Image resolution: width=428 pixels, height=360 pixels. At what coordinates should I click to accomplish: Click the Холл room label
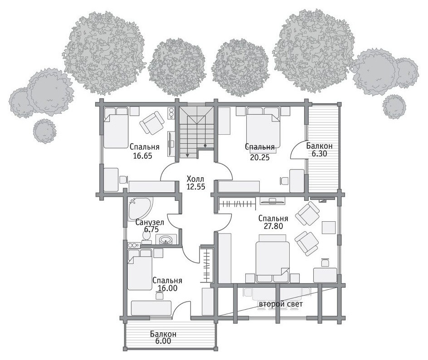tap(195, 179)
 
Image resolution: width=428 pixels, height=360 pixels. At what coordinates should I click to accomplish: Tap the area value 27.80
tap(273, 226)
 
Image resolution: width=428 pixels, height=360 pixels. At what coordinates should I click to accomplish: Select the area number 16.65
tap(142, 156)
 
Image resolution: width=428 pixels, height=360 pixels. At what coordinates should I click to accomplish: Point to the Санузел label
tap(150, 223)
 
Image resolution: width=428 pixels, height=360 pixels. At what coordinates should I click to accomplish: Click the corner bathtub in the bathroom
tap(139, 209)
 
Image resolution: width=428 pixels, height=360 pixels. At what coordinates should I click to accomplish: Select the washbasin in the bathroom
tap(166, 240)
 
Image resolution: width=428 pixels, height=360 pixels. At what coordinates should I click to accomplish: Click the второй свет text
tap(281, 304)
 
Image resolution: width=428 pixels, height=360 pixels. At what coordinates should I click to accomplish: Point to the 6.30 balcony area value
tap(319, 153)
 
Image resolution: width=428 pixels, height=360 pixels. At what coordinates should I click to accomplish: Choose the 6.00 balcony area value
tap(163, 341)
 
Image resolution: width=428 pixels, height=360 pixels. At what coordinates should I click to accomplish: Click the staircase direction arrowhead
tap(188, 156)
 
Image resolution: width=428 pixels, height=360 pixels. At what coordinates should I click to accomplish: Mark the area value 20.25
tap(260, 157)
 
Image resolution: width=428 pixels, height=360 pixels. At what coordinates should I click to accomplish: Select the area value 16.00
tap(168, 288)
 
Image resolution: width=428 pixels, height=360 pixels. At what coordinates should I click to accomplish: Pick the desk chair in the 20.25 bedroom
tap(284, 181)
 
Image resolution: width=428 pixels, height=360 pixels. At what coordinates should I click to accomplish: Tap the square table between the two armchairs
tap(328, 228)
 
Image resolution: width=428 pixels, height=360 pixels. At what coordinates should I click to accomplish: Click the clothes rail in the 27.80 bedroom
tap(237, 204)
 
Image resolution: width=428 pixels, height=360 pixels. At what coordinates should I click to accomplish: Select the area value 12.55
tap(196, 186)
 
